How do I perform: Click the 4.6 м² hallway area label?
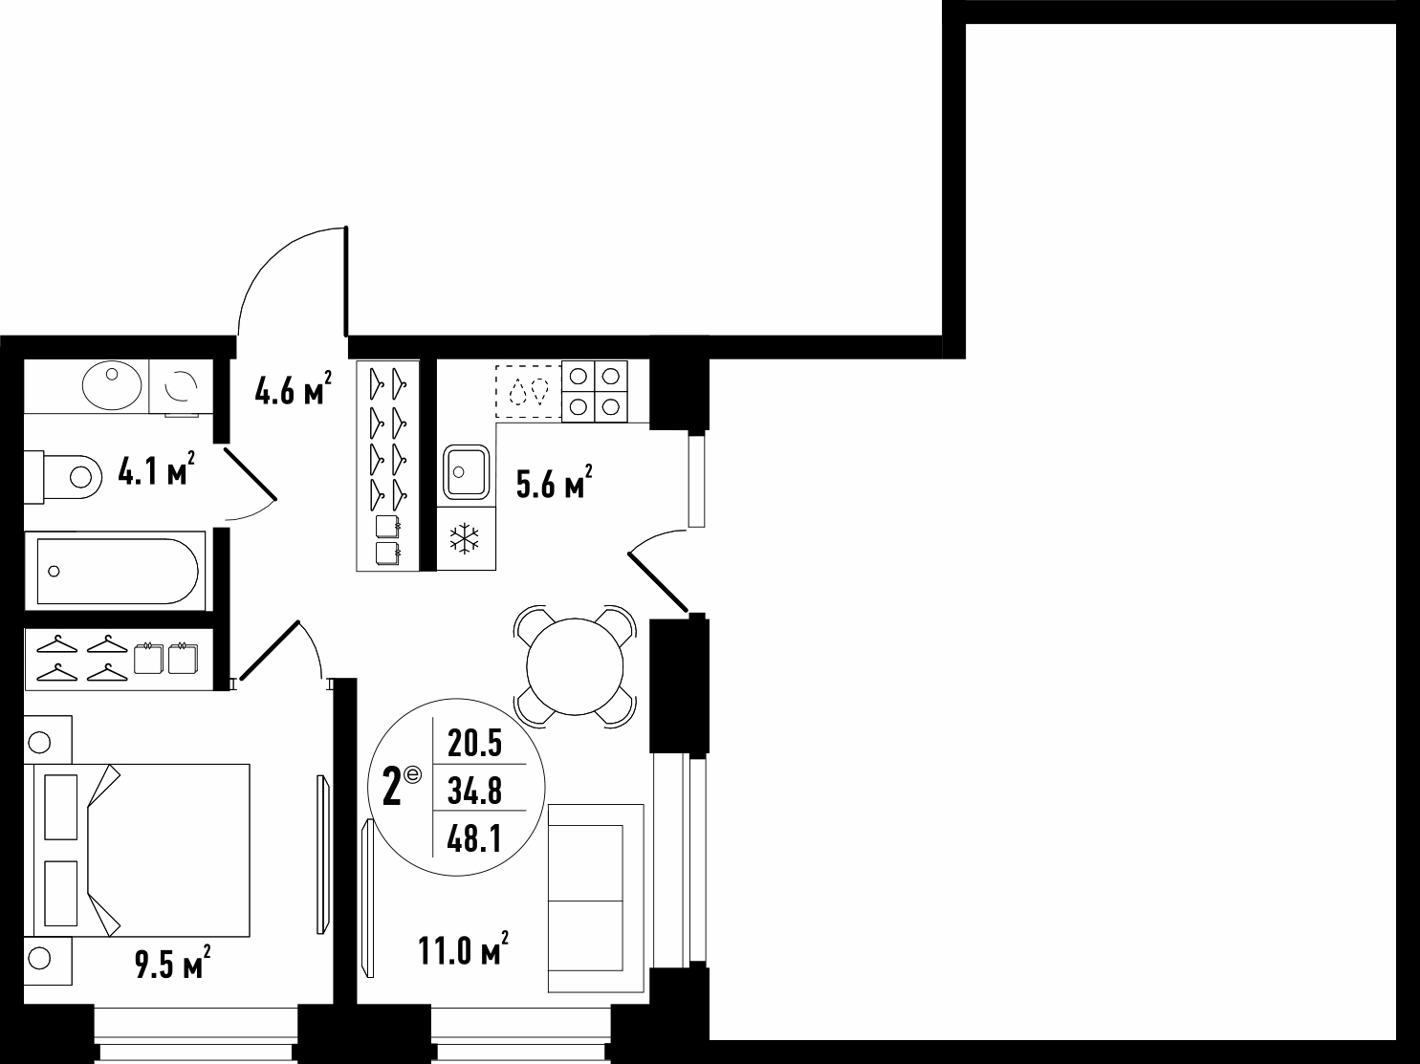pyautogui.click(x=293, y=388)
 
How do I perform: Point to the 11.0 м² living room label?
pyautogui.click(x=463, y=948)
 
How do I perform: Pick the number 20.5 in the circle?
pyautogui.click(x=475, y=743)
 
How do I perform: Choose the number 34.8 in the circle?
pyautogui.click(x=475, y=790)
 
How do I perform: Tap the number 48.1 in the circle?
pyautogui.click(x=475, y=839)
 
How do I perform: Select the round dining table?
pyautogui.click(x=575, y=666)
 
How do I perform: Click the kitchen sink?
pyautogui.click(x=466, y=472)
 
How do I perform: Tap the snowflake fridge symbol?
pyautogui.click(x=465, y=539)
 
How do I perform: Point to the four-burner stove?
pyautogui.click(x=595, y=391)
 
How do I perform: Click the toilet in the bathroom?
pyautogui.click(x=63, y=477)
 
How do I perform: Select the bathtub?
pyautogui.click(x=116, y=571)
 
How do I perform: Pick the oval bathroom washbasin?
pyautogui.click(x=112, y=385)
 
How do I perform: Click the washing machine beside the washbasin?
pyautogui.click(x=181, y=387)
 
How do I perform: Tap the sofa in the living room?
pyautogui.click(x=596, y=899)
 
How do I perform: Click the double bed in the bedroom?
pyautogui.click(x=137, y=851)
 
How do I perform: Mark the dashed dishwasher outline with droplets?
pyautogui.click(x=529, y=391)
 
